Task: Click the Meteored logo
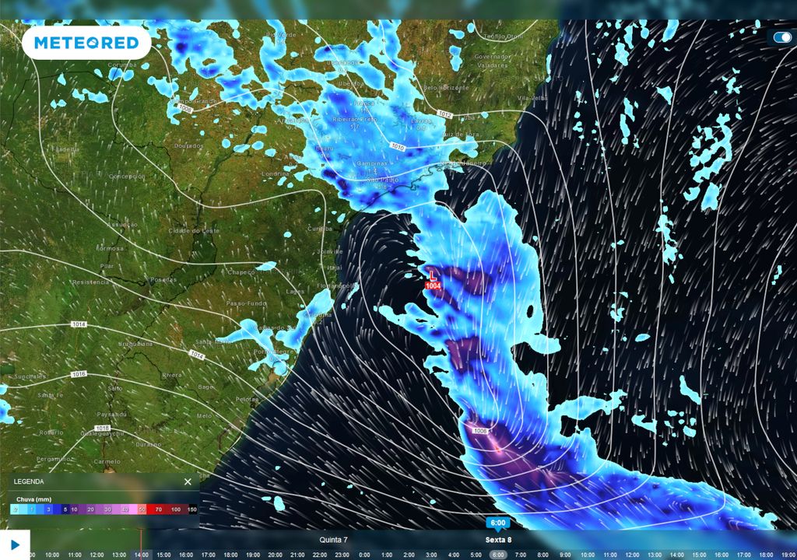click(86, 43)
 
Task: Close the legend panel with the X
click(188, 481)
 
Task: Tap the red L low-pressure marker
click(433, 275)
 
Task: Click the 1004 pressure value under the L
click(433, 286)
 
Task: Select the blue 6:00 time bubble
click(498, 523)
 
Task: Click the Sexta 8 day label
click(499, 540)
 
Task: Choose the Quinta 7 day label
click(334, 540)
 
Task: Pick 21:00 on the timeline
click(297, 555)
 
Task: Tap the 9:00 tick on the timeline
click(565, 555)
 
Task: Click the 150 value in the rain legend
click(191, 509)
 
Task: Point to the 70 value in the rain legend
click(158, 509)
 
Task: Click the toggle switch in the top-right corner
click(782, 37)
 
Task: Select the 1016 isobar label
click(79, 374)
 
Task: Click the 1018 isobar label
click(102, 429)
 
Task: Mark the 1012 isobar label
click(444, 114)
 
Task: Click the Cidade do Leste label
click(191, 231)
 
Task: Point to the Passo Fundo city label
click(242, 303)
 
